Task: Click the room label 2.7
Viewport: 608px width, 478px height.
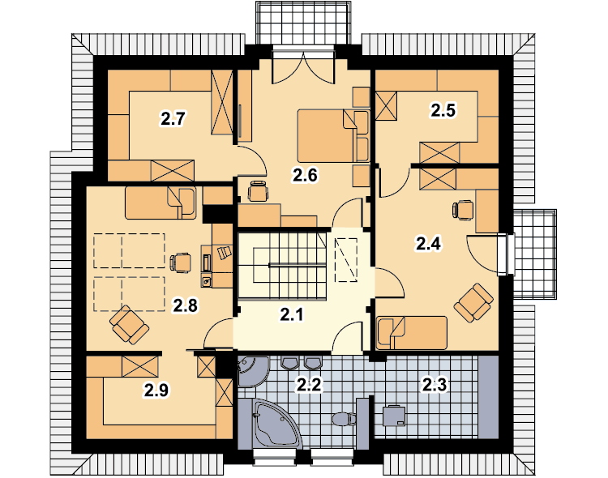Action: tap(173, 118)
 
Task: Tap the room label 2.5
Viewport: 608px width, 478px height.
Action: tap(443, 110)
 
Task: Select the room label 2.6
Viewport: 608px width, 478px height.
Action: tap(305, 175)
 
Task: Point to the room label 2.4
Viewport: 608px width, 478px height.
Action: tap(429, 244)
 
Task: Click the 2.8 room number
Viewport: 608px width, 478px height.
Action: tap(186, 305)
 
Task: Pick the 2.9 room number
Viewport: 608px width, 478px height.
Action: tap(156, 390)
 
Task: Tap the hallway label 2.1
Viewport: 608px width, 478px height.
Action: tap(292, 315)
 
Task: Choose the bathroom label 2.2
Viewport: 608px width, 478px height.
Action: tap(309, 385)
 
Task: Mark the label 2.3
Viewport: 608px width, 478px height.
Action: tap(435, 385)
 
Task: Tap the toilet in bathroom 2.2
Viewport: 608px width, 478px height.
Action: tap(344, 419)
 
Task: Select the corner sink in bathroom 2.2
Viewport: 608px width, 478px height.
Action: tap(252, 371)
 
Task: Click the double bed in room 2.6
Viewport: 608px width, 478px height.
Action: tap(333, 135)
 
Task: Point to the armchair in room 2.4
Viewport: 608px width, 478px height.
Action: tap(473, 303)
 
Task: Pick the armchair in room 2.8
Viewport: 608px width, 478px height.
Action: tap(129, 325)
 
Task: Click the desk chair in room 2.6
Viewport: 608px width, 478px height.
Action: tap(258, 190)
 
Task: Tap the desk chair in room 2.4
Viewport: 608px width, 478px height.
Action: tap(463, 211)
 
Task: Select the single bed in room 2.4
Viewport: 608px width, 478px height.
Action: tap(411, 333)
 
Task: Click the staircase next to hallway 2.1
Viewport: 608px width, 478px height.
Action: tap(282, 265)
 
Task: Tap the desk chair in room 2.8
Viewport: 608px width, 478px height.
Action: tap(181, 262)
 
